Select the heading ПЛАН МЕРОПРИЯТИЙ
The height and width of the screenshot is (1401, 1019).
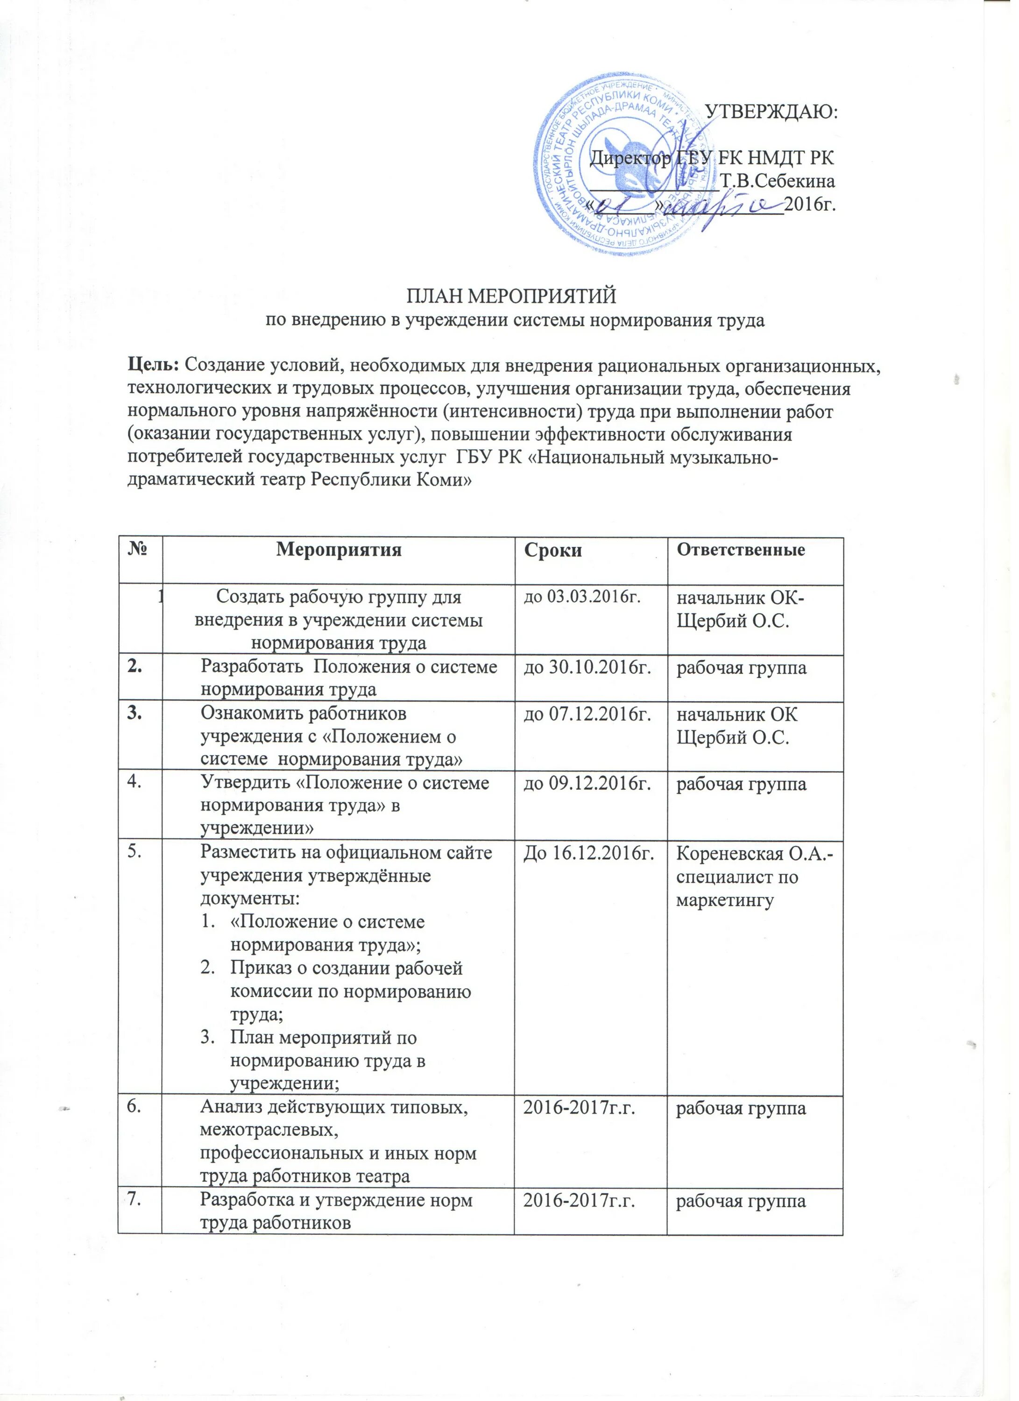pyautogui.click(x=511, y=297)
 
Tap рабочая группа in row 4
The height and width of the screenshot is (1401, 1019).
pyautogui.click(x=742, y=785)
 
